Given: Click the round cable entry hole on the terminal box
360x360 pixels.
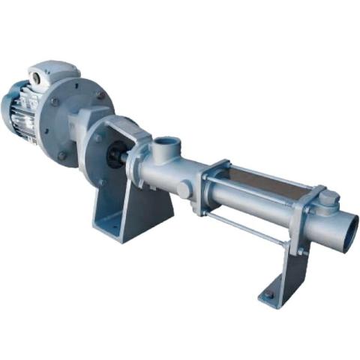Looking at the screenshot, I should pyautogui.click(x=36, y=75).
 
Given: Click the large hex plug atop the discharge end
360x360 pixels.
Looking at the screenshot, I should pyautogui.click(x=328, y=198).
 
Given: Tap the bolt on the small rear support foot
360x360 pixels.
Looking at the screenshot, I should pyautogui.click(x=268, y=295).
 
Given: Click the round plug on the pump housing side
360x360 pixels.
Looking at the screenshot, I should pyautogui.click(x=183, y=190).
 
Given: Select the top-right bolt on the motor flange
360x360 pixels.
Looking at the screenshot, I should pyautogui.click(x=99, y=95).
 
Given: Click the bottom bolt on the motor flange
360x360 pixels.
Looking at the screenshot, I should pyautogui.click(x=61, y=156).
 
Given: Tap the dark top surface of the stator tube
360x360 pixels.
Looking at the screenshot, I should pyautogui.click(x=262, y=178).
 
